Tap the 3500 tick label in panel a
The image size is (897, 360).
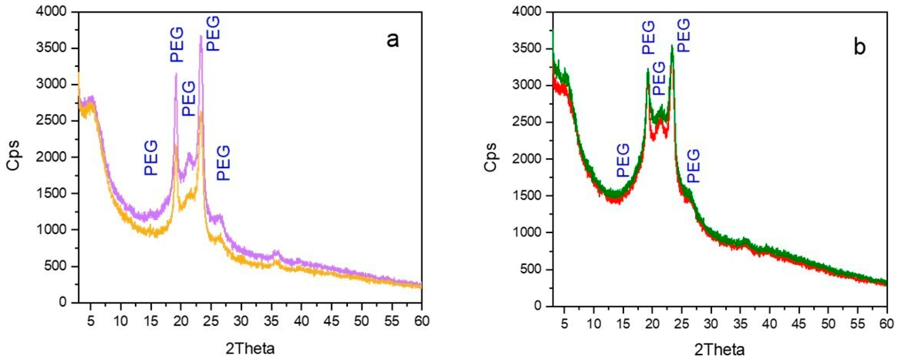52,49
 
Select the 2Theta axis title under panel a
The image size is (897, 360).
250,348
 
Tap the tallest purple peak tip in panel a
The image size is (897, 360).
201,36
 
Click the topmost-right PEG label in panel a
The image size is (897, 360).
213,33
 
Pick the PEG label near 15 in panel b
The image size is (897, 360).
623,160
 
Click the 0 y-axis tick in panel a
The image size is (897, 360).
63,302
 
